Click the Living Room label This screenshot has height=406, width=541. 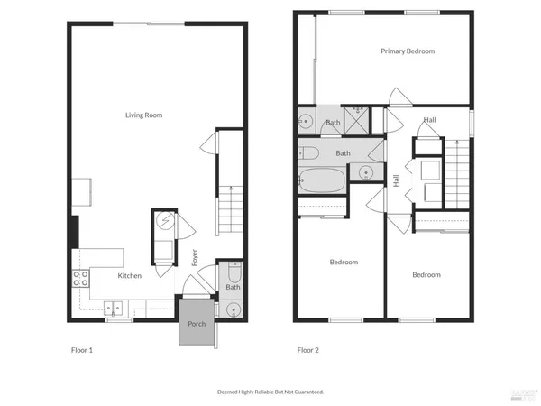tap(142, 115)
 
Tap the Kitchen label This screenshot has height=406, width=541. tap(129, 275)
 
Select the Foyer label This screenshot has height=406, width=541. tap(195, 257)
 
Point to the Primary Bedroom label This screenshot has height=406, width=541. tap(407, 51)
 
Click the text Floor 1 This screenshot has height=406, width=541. tap(82, 350)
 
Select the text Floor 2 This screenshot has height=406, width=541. tap(308, 350)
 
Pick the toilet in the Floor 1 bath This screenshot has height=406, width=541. tap(234, 271)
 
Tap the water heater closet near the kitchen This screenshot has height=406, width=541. tap(165, 221)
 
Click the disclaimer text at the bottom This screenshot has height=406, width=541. tap(270, 392)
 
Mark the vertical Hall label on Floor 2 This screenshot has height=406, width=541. tap(396, 180)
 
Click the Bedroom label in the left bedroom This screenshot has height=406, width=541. tap(344, 263)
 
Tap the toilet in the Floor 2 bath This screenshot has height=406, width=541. tap(307, 152)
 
